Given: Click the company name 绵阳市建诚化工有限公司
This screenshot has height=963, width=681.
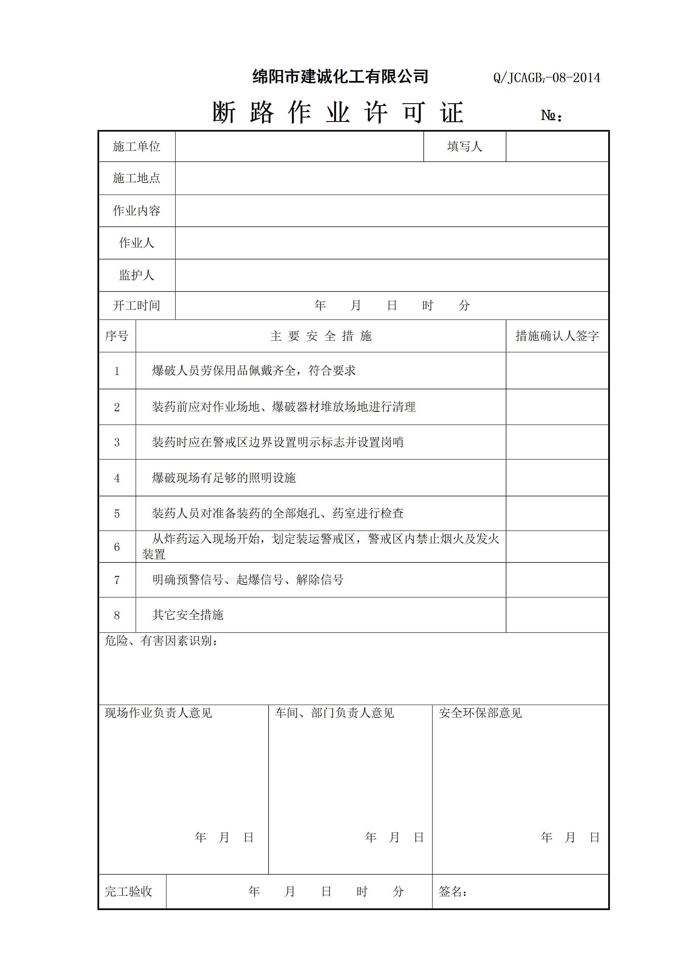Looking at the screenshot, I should tap(340, 77).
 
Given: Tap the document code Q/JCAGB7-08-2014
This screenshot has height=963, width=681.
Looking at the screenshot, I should tap(546, 78).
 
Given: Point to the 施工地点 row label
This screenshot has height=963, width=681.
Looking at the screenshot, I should tap(137, 178).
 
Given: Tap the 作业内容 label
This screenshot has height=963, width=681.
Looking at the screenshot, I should tap(137, 211).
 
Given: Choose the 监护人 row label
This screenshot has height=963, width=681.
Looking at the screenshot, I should tap(137, 275).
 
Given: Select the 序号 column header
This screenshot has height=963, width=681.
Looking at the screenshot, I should tap(117, 336).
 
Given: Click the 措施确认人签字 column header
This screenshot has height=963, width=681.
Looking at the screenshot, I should tap(557, 336).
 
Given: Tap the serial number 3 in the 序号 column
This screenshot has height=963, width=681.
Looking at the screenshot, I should tap(117, 443).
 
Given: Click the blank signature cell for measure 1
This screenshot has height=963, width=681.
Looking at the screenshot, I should tap(557, 371).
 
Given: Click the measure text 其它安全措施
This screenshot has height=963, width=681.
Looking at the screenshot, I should tap(188, 615).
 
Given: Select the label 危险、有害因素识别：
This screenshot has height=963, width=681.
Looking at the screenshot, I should tap(161, 641).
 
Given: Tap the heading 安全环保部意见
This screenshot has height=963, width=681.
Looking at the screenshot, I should tap(480, 713).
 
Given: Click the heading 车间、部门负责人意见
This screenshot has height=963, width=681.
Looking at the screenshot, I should tap(334, 713).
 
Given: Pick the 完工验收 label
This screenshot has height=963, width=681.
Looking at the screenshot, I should tap(129, 891).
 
